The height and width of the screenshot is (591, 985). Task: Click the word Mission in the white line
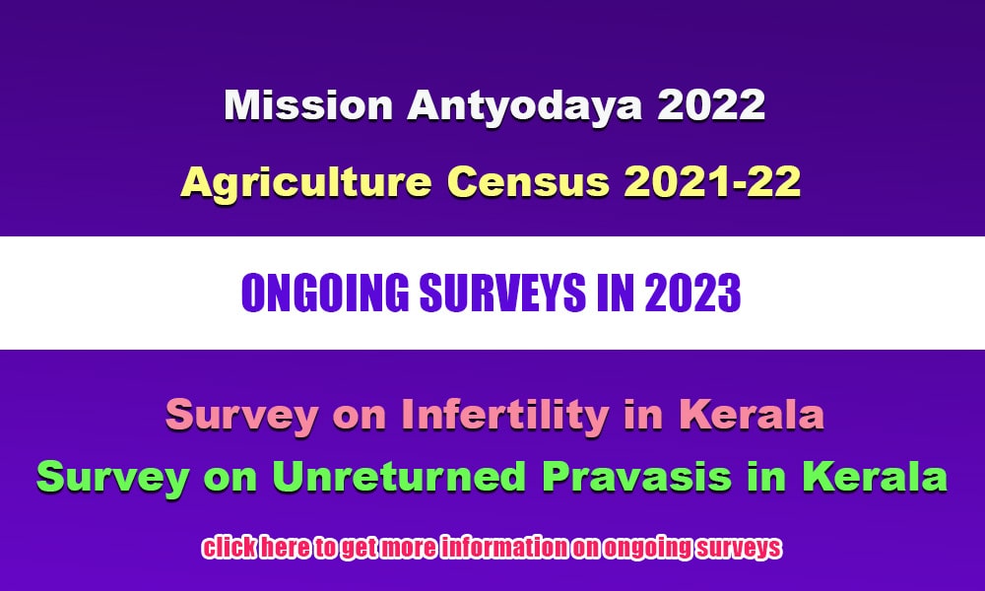[x=308, y=104]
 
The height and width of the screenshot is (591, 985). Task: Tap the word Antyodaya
[x=525, y=106]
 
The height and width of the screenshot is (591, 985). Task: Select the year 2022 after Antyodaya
[x=710, y=104]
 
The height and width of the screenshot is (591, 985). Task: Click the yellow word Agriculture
[x=306, y=183]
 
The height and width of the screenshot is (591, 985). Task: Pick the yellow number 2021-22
[x=712, y=182]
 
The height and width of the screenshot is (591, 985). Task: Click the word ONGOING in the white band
[x=325, y=294]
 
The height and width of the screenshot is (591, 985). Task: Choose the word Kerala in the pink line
[x=752, y=415]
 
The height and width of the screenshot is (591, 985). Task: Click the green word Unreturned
[x=399, y=476]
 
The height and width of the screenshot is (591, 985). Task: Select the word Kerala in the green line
[x=875, y=476]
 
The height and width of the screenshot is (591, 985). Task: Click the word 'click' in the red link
[x=229, y=548]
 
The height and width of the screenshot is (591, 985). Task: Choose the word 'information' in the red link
[x=503, y=548]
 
